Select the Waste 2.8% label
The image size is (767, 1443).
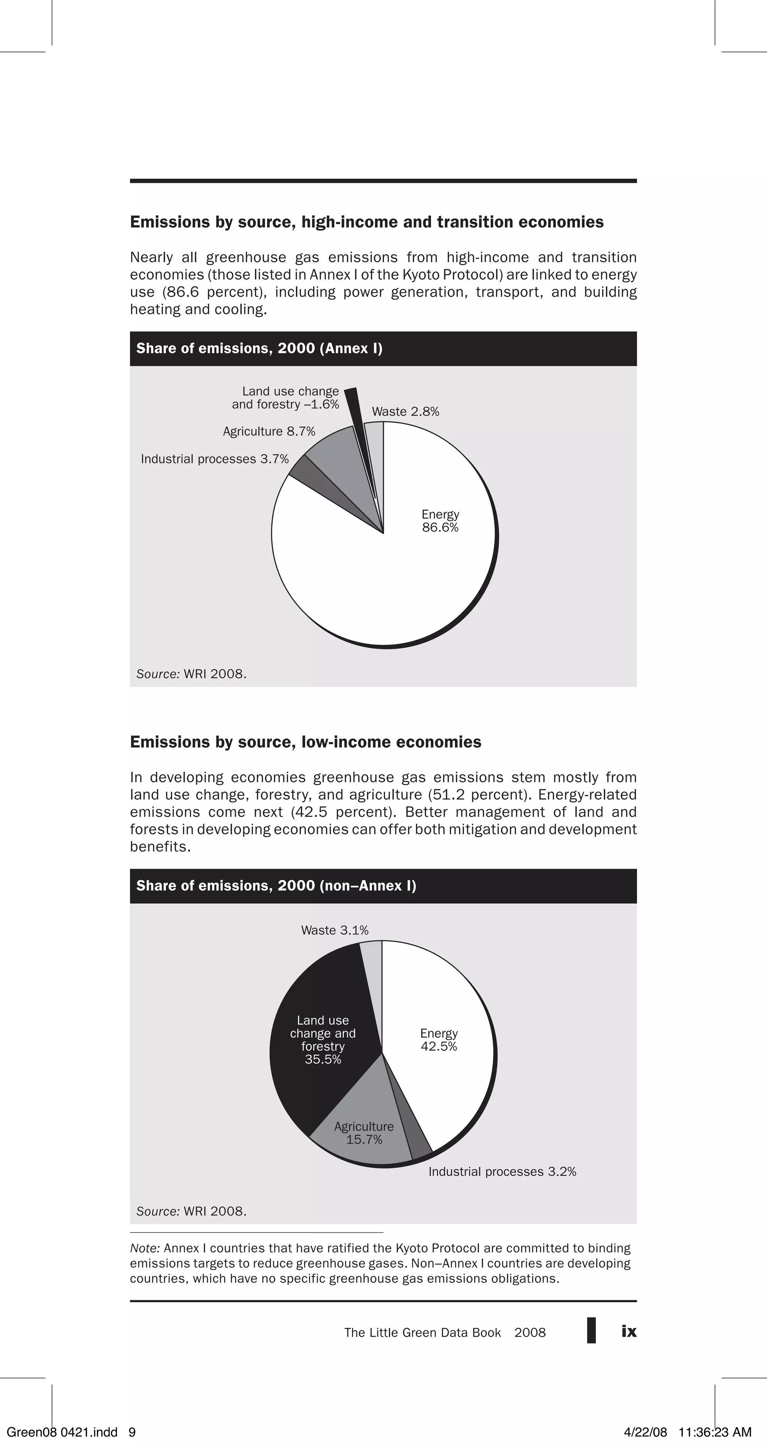(x=405, y=412)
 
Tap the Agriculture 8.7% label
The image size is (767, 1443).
(x=269, y=431)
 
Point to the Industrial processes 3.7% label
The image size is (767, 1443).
(x=215, y=459)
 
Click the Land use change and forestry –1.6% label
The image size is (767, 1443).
(x=286, y=398)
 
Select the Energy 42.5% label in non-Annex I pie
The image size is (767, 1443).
(x=439, y=1040)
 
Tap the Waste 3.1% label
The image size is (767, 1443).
(x=334, y=930)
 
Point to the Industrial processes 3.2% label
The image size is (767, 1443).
(x=502, y=1172)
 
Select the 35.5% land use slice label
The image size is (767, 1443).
(x=323, y=1040)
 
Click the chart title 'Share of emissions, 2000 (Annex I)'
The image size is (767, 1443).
(x=260, y=348)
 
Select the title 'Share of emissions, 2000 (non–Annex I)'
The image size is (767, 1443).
(x=276, y=886)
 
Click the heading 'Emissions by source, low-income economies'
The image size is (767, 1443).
(x=305, y=742)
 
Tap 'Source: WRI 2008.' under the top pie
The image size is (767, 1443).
(x=191, y=674)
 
